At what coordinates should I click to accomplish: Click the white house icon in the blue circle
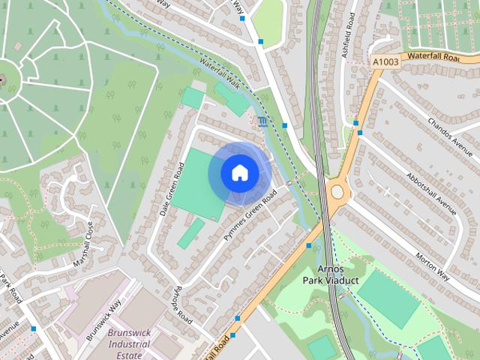tap(239, 172)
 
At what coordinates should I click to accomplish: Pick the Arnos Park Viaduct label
tap(331, 274)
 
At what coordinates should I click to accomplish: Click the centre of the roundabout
tap(337, 192)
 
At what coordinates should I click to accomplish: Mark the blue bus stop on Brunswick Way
tap(34, 328)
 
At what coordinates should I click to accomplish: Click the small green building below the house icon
tap(190, 233)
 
